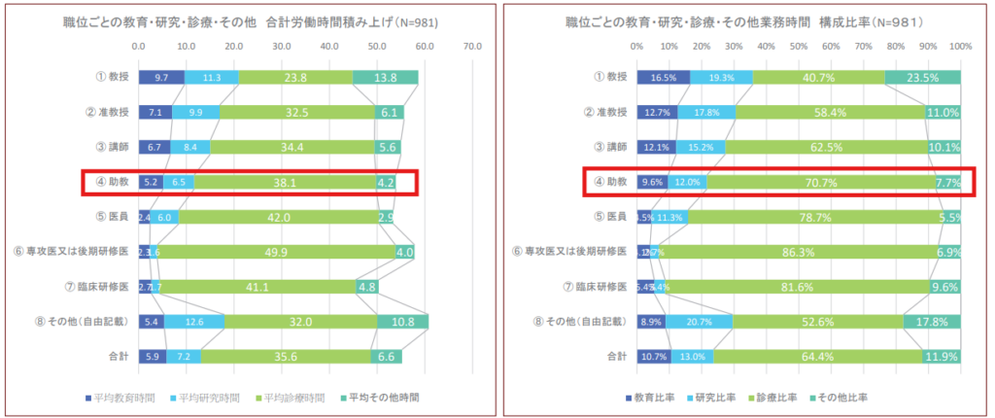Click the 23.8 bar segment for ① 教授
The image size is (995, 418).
(295, 78)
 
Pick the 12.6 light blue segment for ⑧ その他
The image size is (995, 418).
(194, 323)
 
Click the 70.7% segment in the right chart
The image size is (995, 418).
(821, 182)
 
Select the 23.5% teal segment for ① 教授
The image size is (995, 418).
(923, 78)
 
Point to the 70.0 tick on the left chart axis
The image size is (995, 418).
(472, 46)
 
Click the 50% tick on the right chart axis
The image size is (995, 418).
(799, 46)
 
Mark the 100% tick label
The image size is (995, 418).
(959, 46)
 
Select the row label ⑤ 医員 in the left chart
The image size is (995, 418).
(113, 218)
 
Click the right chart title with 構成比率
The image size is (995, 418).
(743, 21)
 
